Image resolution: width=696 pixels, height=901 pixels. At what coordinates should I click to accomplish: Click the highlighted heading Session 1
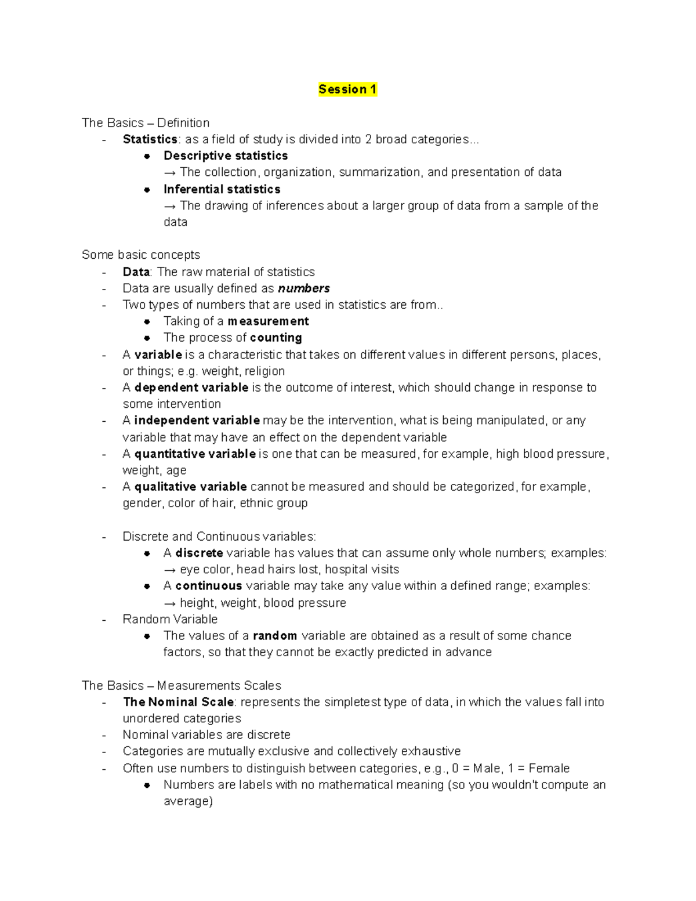click(347, 89)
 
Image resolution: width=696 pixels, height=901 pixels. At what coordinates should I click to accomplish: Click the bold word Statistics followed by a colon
click(150, 139)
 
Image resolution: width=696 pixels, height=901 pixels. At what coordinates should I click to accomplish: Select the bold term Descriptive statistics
click(226, 155)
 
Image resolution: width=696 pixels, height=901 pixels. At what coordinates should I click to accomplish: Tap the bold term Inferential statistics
click(222, 189)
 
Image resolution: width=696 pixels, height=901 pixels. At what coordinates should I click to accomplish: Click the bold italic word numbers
click(304, 288)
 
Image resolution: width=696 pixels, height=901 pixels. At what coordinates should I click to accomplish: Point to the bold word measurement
click(268, 321)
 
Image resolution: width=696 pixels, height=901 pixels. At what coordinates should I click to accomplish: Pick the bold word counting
click(275, 338)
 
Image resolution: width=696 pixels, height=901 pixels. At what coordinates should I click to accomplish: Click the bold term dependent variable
click(191, 388)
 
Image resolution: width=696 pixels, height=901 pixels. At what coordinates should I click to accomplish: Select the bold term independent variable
click(197, 420)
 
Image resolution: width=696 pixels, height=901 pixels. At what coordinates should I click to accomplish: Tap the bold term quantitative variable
click(195, 454)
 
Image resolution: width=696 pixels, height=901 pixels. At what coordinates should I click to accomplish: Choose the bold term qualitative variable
click(191, 487)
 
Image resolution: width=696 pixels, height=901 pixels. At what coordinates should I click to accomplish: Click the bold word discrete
click(199, 553)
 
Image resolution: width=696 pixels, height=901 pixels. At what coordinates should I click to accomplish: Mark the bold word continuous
click(208, 586)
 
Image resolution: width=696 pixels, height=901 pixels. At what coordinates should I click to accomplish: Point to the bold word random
click(275, 636)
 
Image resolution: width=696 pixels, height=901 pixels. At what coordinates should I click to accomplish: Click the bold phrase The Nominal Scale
click(178, 702)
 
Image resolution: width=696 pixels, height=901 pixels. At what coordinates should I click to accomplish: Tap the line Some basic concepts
click(141, 255)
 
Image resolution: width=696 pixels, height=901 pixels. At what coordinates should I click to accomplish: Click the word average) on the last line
click(188, 801)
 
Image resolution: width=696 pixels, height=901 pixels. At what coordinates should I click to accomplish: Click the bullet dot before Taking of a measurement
click(147, 321)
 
